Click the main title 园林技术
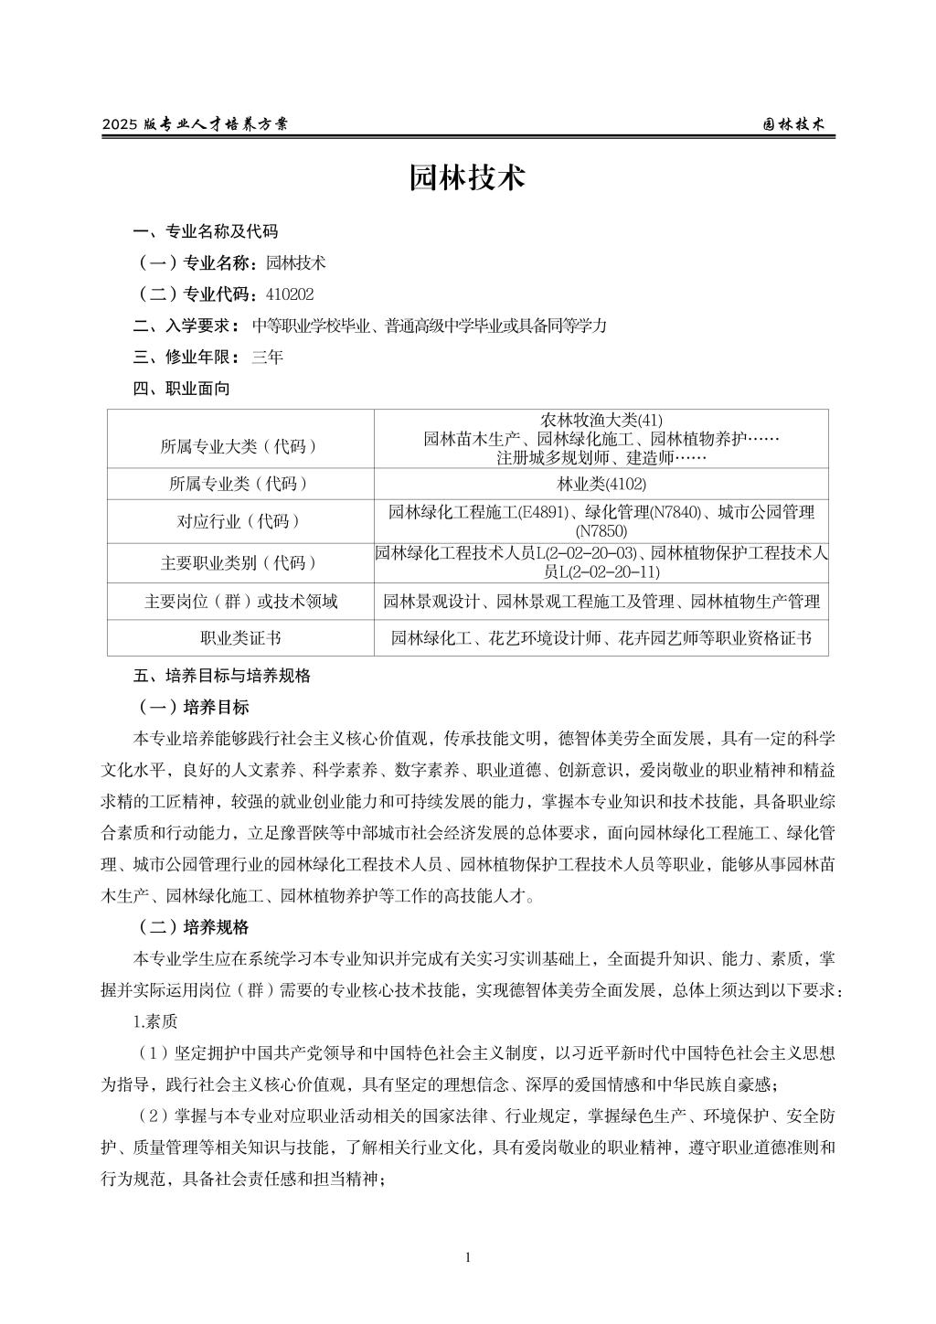pos(467,178)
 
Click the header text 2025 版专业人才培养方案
pos(195,124)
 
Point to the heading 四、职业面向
pos(181,389)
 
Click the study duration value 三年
pos(267,358)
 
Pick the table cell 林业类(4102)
pos(601,485)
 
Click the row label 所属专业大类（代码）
pos(239,446)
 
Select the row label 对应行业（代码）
pos(239,521)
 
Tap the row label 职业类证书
pos(240,638)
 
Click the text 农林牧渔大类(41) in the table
pos(601,421)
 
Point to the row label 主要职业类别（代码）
pos(239,563)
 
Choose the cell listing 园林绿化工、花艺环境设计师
pos(601,638)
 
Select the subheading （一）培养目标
pos(192,708)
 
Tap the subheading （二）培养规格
pos(192,927)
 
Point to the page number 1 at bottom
pos(468,1257)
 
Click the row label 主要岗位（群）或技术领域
pos(240,602)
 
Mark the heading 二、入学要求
pos(186,326)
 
